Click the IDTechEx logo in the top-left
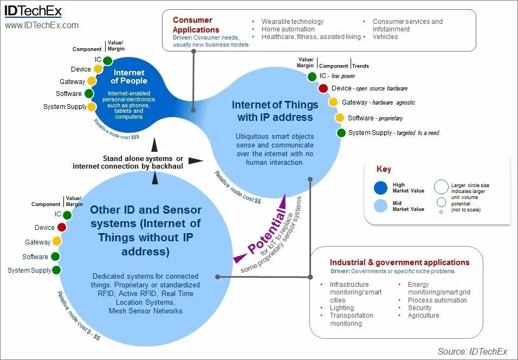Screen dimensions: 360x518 point(33,11)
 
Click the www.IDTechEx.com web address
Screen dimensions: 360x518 point(42,25)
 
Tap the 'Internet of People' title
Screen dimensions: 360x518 point(129,76)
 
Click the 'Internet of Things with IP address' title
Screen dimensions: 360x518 point(272,111)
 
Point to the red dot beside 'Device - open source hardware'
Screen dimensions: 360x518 point(323,88)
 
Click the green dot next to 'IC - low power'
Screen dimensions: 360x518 point(312,76)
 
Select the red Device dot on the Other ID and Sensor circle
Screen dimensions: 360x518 point(62,227)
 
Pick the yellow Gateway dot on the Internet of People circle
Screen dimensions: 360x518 point(91,81)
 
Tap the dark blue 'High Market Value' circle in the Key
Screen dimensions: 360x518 point(381,188)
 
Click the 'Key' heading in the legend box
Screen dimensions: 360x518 point(384,169)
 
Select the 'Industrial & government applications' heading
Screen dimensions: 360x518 point(399,262)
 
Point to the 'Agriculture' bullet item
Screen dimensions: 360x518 point(424,316)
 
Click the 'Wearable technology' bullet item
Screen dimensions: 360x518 point(293,22)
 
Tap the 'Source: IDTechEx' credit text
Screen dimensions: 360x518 point(472,351)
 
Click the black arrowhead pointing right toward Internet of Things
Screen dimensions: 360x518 point(197,160)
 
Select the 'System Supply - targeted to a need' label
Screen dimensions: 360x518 point(393,133)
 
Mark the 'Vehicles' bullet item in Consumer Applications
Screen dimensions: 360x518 point(385,37)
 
